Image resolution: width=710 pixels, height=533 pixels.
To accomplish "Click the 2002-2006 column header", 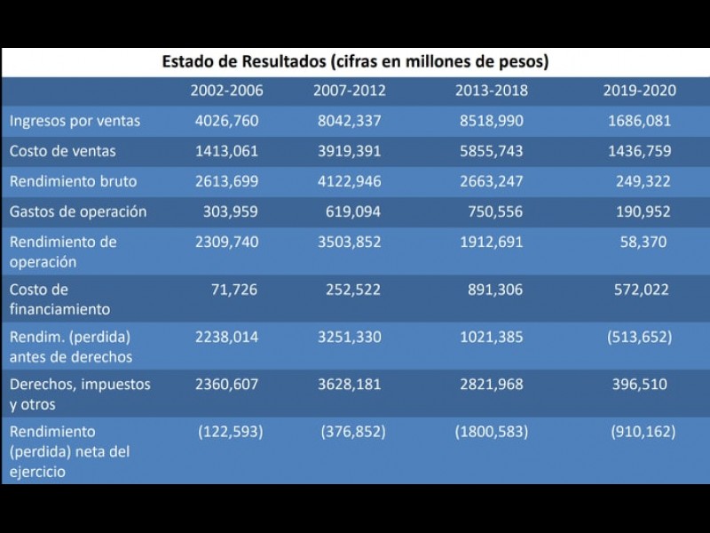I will (x=226, y=91).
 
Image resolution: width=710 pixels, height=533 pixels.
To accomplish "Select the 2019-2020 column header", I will (x=639, y=91).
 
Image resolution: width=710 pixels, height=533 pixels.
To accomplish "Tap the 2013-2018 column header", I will (x=491, y=91).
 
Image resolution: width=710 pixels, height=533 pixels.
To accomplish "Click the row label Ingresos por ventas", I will (x=75, y=121).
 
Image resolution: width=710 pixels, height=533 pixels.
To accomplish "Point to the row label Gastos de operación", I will (x=78, y=211).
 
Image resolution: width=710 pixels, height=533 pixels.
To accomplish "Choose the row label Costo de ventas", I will (x=63, y=151).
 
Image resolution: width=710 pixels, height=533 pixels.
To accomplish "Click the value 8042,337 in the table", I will (x=350, y=121).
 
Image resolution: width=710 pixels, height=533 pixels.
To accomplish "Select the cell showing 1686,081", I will (x=639, y=121).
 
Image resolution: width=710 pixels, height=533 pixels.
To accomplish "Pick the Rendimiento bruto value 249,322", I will (x=643, y=181).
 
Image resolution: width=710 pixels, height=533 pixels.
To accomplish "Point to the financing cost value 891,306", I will (x=495, y=290).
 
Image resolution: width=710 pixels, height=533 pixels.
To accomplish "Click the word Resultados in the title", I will (x=281, y=62).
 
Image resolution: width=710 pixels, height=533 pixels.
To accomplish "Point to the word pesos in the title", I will (x=521, y=62).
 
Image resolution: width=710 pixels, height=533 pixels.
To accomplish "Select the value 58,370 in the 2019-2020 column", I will (x=643, y=242).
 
